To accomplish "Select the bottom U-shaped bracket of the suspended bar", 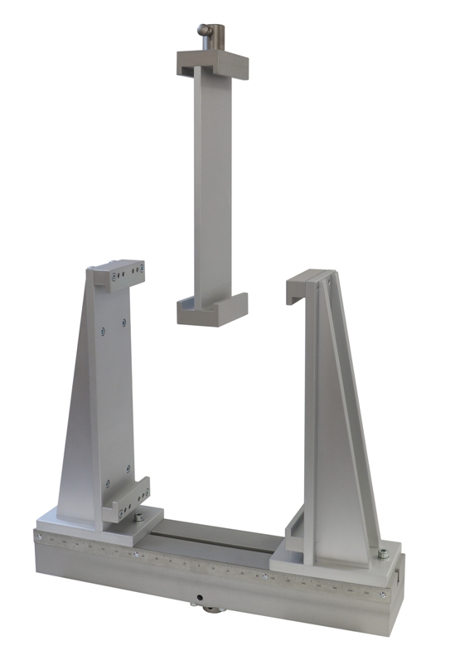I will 212,308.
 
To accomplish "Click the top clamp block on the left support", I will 119,274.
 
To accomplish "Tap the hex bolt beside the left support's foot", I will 134,521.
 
